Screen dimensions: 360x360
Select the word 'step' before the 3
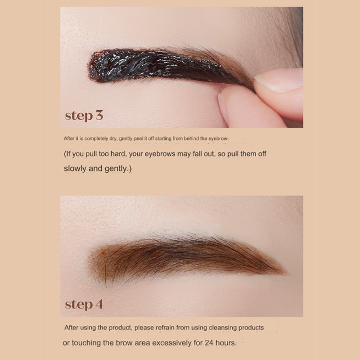[x=77, y=116]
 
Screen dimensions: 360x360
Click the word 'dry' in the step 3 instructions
[x=112, y=139]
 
